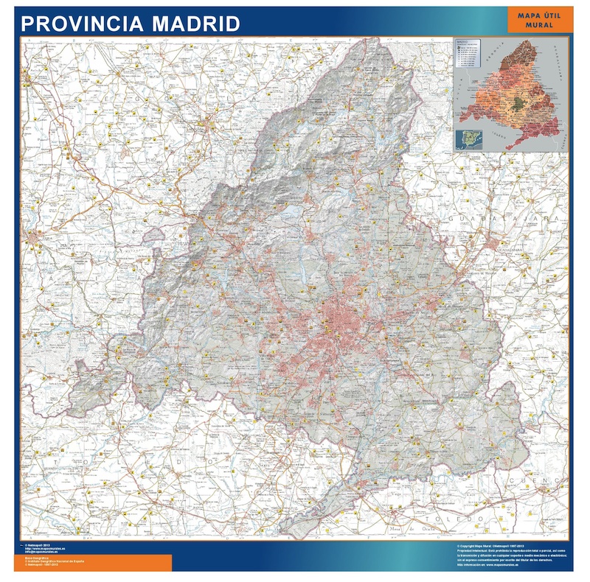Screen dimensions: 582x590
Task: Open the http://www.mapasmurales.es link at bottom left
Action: pyautogui.click(x=45, y=548)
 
